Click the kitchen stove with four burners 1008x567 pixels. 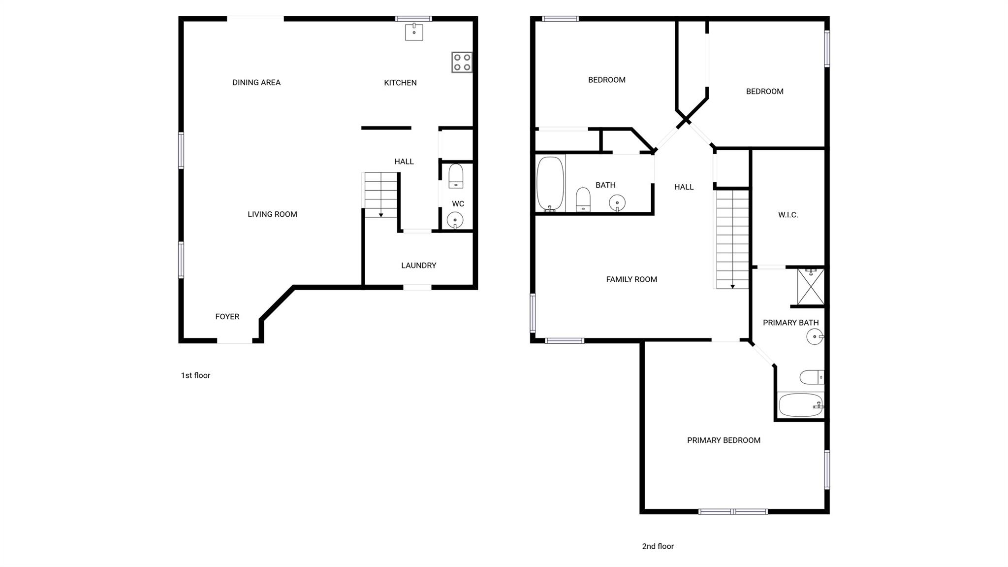point(462,63)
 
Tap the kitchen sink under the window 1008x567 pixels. point(414,32)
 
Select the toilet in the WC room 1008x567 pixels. point(456,176)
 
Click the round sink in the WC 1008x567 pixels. point(455,220)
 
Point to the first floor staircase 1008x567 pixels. point(380,195)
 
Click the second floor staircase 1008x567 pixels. point(732,239)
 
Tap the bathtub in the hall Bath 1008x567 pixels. point(550,184)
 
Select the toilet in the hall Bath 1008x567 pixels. point(583,200)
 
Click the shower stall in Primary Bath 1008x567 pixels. point(810,287)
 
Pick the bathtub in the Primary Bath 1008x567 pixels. point(801,405)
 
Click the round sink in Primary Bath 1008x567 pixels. point(815,337)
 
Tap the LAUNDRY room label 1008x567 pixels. point(418,266)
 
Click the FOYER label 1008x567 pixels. point(227,317)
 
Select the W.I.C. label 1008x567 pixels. point(788,215)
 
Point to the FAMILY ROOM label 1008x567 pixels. point(631,279)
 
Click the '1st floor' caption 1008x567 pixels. point(195,375)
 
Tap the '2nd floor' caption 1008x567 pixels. point(658,546)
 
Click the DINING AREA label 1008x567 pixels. point(256,83)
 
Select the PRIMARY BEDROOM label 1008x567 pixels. point(724,440)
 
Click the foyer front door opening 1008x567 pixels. point(235,340)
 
